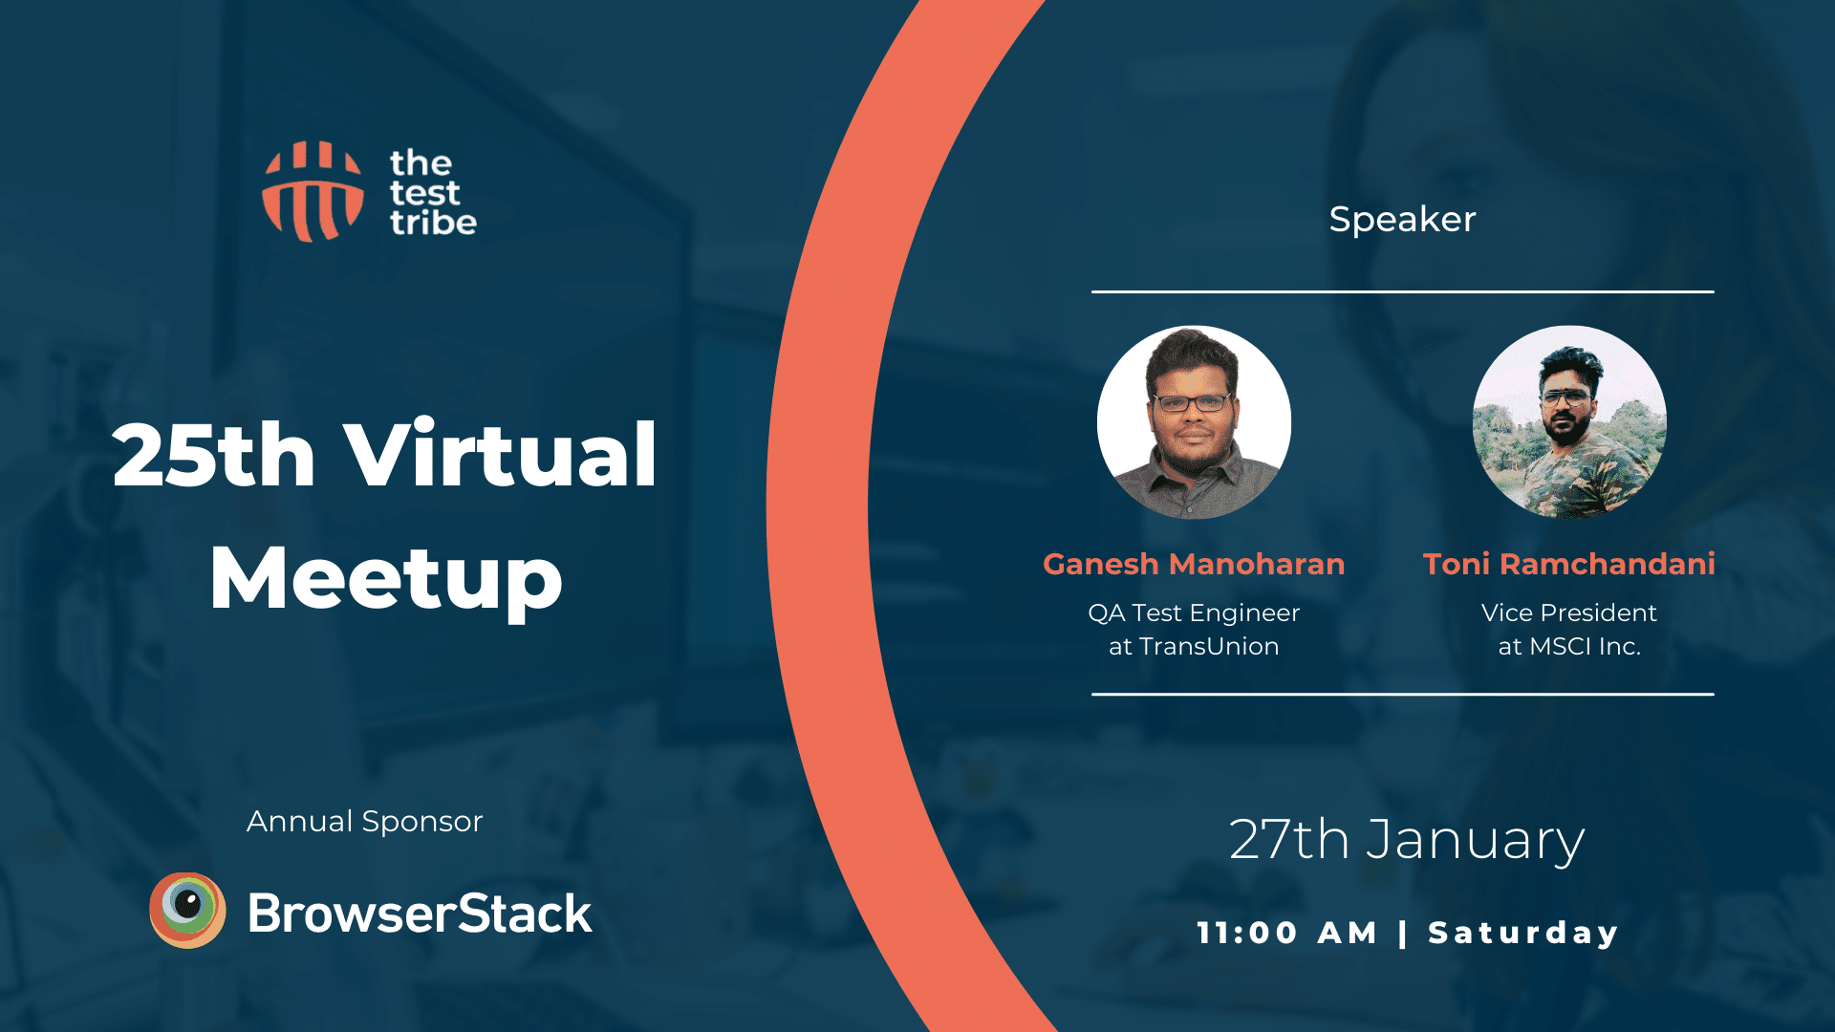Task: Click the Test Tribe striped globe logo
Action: click(x=313, y=191)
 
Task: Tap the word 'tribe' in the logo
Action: click(x=433, y=222)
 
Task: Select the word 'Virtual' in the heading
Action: click(x=500, y=454)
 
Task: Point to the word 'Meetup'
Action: click(x=386, y=579)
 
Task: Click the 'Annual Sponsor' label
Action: click(x=364, y=821)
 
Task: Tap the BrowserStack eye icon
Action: click(x=187, y=910)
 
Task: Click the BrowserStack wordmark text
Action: click(x=420, y=913)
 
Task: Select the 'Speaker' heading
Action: click(x=1402, y=220)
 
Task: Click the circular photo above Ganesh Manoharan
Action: click(x=1194, y=422)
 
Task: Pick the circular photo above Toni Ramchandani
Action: click(x=1569, y=422)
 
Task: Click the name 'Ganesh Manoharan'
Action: click(x=1194, y=564)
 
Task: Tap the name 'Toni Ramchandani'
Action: click(x=1569, y=564)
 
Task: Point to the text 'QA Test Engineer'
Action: click(x=1194, y=613)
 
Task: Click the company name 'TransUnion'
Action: click(x=1209, y=646)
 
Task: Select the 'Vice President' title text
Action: click(x=1569, y=613)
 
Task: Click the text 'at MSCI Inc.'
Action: click(x=1569, y=646)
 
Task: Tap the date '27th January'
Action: click(x=1407, y=841)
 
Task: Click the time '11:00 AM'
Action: click(x=1287, y=933)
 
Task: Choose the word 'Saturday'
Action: click(x=1523, y=933)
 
